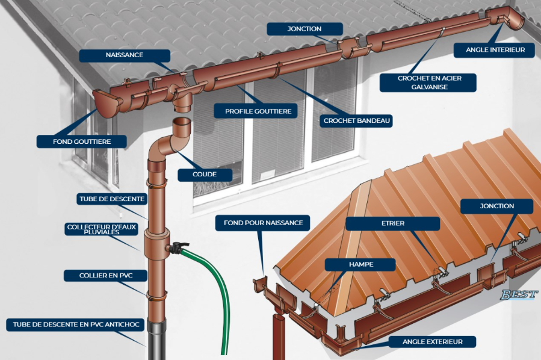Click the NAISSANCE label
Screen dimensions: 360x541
124,55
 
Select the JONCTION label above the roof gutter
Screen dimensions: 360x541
305,29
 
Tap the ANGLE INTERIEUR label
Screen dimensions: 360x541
495,50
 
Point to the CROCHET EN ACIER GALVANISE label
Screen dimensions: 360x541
428,82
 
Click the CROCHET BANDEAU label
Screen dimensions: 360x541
357,121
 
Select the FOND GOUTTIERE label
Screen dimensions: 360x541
82,141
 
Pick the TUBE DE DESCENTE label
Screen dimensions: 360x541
111,199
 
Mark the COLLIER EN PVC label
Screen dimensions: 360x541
105,276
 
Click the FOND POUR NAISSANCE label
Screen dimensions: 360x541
263,223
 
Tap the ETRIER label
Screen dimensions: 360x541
392,223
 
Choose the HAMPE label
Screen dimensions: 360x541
360,264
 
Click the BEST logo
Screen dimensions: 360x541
519,294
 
